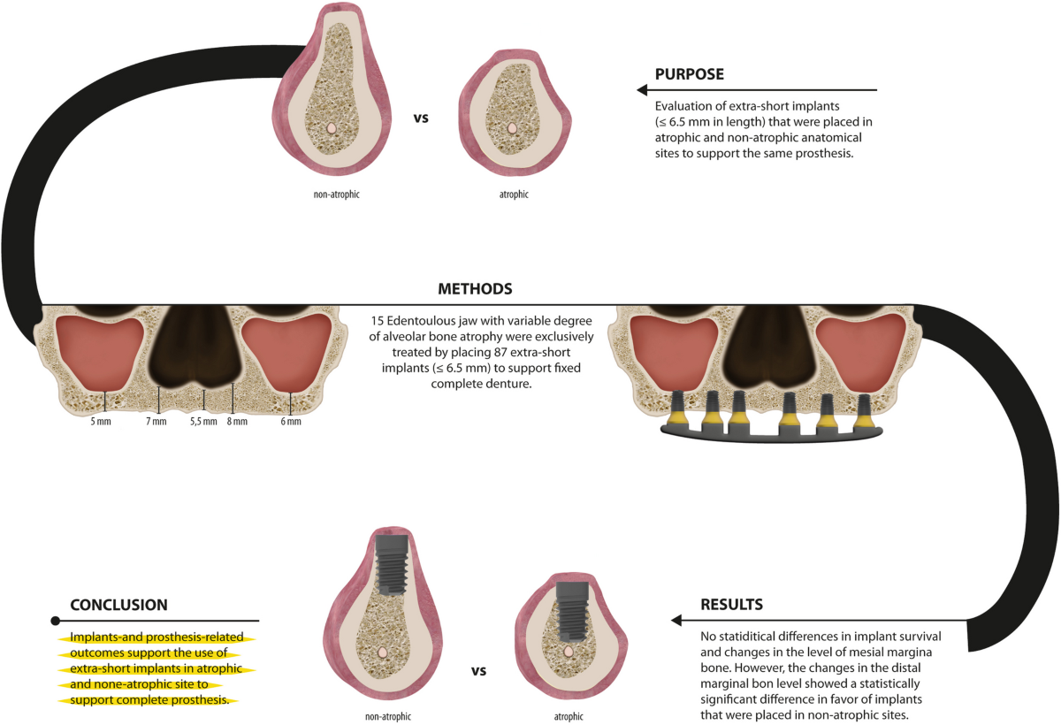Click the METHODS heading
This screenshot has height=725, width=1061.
(476, 289)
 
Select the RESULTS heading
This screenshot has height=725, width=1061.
(731, 605)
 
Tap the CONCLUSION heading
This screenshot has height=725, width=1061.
(118, 606)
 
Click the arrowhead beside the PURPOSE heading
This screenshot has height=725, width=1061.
(642, 90)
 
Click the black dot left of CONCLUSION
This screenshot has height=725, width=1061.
(56, 621)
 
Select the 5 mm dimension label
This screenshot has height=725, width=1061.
(101, 422)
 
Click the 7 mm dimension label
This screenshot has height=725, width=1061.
(156, 422)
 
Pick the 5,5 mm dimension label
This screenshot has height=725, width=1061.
(203, 422)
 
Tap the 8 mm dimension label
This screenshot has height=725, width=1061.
(236, 422)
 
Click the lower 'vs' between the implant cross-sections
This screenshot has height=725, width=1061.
(478, 671)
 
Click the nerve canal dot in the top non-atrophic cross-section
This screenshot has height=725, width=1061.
(331, 127)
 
